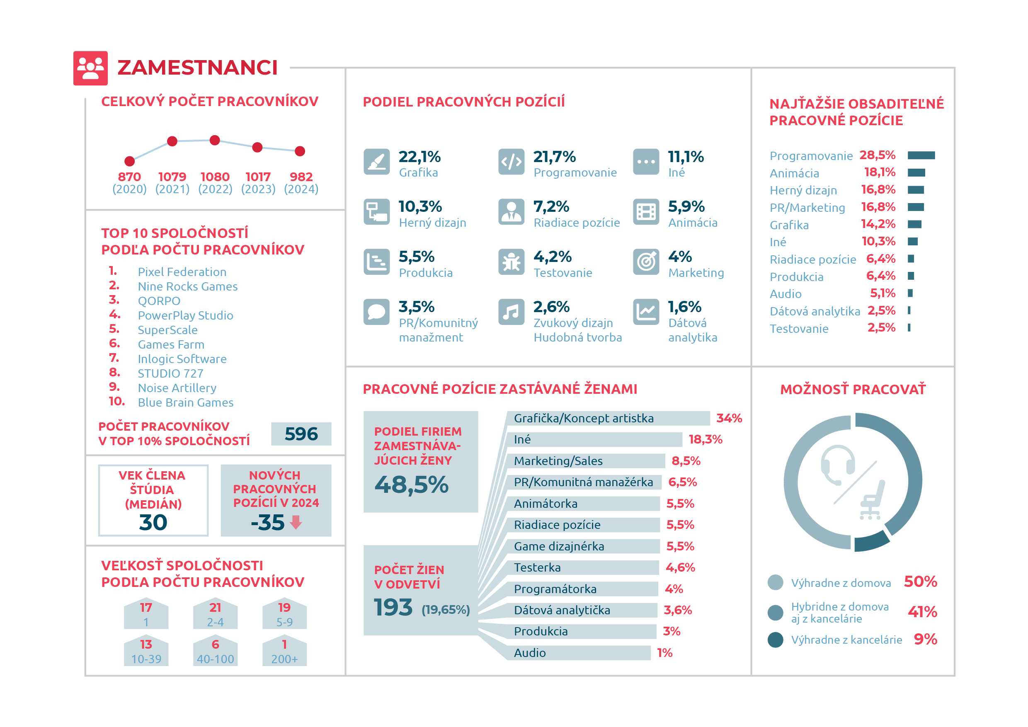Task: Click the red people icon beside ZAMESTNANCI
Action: (x=90, y=68)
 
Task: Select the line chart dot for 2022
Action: (x=215, y=140)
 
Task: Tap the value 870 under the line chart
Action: (x=129, y=177)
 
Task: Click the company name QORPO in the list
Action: (x=159, y=301)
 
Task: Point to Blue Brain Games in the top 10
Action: (x=185, y=402)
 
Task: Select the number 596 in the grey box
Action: (x=301, y=434)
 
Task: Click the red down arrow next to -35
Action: (x=296, y=522)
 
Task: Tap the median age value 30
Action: (x=153, y=522)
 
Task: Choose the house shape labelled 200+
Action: (x=284, y=652)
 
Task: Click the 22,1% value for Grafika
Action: (x=419, y=157)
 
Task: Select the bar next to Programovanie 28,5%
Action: (x=921, y=155)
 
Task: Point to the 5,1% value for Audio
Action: (x=883, y=293)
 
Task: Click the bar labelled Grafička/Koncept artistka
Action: (x=608, y=418)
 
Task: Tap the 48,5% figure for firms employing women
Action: (x=412, y=485)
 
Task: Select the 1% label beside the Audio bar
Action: (x=665, y=653)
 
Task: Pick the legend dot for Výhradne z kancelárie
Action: (x=775, y=640)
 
